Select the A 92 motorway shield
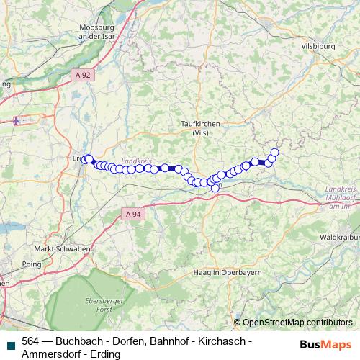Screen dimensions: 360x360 pyautogui.click(x=82, y=73)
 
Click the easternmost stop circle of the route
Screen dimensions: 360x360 pyautogui.click(x=274, y=152)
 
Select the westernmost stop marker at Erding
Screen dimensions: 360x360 pyautogui.click(x=86, y=160)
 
